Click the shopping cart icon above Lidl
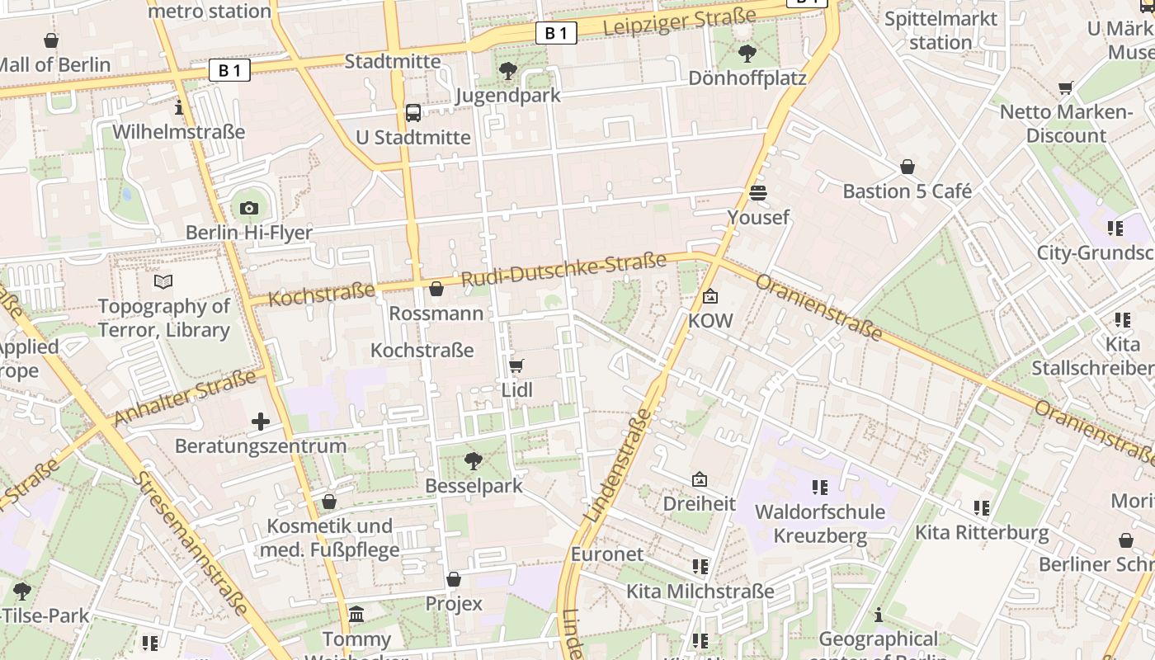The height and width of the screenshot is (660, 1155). tap(516, 365)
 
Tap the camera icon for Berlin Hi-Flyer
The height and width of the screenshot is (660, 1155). tap(249, 208)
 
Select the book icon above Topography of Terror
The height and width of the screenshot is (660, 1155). tap(163, 282)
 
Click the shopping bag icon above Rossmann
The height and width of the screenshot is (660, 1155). tap(436, 289)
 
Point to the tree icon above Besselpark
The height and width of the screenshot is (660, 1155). tap(474, 460)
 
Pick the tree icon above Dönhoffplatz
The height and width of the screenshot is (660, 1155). tap(747, 54)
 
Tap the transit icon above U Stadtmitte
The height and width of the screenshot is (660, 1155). tap(413, 112)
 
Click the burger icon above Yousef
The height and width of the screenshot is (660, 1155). tap(758, 193)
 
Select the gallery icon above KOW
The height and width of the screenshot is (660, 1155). tap(709, 296)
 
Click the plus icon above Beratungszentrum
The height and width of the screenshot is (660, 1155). tap(261, 422)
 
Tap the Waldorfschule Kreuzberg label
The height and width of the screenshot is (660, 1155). tap(820, 524)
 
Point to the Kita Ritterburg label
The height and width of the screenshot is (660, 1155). tap(982, 533)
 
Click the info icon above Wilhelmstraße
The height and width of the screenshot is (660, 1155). tap(179, 107)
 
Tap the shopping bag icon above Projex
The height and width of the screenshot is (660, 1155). tap(453, 579)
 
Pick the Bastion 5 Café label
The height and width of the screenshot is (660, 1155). tap(907, 191)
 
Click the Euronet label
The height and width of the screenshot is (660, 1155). tap(606, 554)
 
